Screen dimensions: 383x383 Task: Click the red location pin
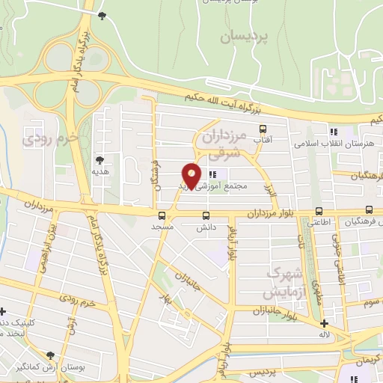click(x=192, y=175)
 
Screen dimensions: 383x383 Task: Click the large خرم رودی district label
click(x=50, y=139)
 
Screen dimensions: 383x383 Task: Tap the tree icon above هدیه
click(x=99, y=159)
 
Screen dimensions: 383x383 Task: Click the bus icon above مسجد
click(x=163, y=215)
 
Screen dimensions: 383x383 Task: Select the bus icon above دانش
click(x=205, y=215)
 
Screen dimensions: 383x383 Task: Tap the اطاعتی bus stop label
click(x=320, y=222)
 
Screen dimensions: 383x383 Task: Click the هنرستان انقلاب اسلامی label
click(x=329, y=142)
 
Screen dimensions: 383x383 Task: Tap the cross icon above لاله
click(x=323, y=324)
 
